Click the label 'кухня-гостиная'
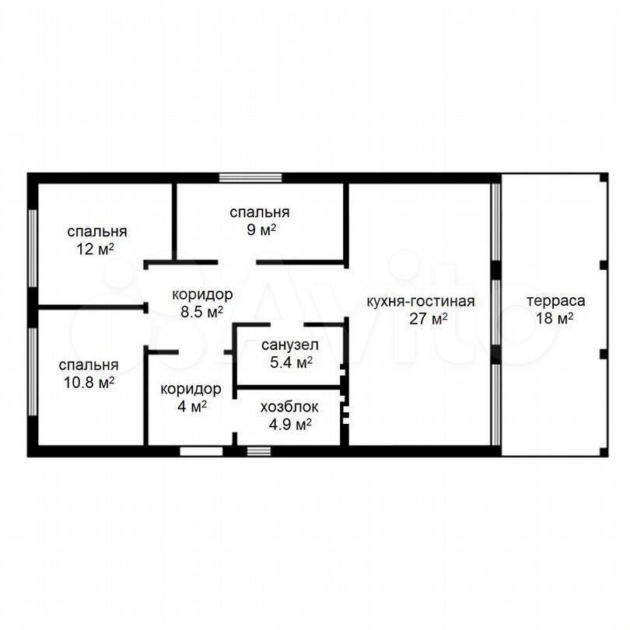coord(421,301)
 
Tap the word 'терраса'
coord(555,301)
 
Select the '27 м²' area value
coord(429,319)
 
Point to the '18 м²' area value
coord(555,319)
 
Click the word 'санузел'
coord(289,345)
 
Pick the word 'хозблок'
coord(289,407)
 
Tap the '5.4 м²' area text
coord(291,362)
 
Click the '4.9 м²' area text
coord(290,425)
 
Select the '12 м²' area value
coord(95,249)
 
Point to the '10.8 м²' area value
coord(89,382)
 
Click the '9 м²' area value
coord(261,229)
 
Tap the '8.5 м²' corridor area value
coord(201,312)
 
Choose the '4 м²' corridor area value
coord(192,406)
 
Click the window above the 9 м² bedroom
coord(250,177)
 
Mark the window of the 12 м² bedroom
coord(33,248)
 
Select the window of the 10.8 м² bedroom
coord(33,372)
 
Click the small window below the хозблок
coord(259,451)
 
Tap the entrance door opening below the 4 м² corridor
coord(201,451)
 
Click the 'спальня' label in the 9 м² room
coord(260,212)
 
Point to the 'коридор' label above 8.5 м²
coord(202,295)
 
